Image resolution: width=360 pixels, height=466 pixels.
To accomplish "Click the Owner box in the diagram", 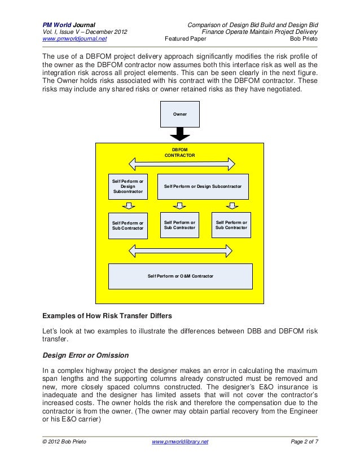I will click(180, 115).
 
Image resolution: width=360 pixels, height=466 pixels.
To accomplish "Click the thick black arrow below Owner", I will click(180, 135).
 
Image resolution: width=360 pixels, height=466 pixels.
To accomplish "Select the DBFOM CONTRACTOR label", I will click(180, 152).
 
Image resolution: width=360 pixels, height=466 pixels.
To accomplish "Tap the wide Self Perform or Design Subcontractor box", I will click(203, 186).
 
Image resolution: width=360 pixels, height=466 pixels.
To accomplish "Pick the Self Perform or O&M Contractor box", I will click(180, 276).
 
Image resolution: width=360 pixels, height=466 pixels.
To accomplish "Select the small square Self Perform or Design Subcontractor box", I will click(128, 186).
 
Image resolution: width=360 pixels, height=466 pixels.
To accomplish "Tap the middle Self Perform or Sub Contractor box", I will click(180, 225).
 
